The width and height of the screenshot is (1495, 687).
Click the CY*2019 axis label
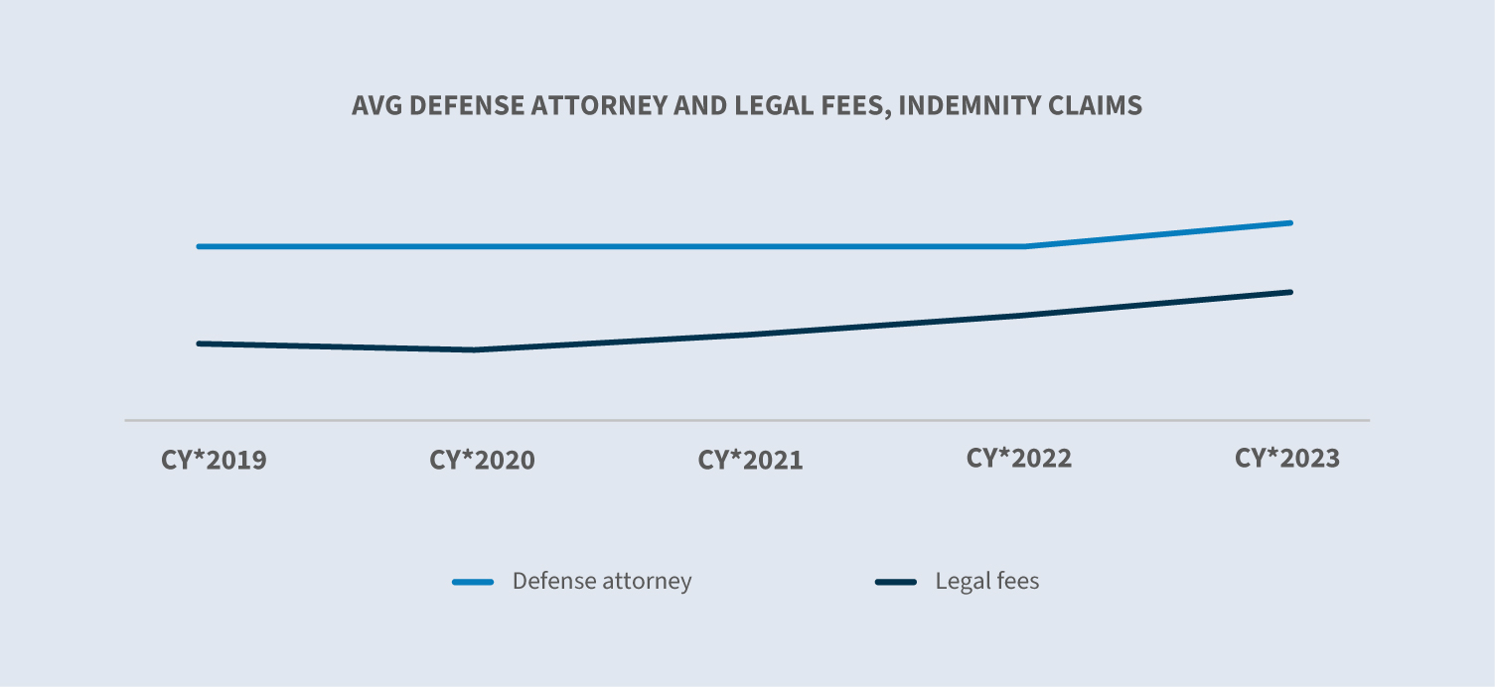click(x=214, y=461)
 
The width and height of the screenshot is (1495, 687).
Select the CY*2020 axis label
click(x=482, y=461)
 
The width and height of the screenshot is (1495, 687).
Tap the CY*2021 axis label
click(x=750, y=461)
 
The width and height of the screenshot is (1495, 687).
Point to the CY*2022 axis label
click(x=1019, y=459)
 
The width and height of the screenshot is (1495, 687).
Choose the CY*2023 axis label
click(x=1287, y=459)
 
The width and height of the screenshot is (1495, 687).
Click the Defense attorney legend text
click(x=602, y=581)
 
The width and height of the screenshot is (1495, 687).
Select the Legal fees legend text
click(x=987, y=581)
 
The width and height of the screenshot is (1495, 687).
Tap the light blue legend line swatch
click(x=473, y=582)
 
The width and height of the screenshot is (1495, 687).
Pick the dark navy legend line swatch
click(x=896, y=582)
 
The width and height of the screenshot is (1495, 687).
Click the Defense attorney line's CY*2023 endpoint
click(x=1290, y=222)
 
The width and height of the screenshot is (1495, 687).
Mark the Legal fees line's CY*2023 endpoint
click(x=1290, y=292)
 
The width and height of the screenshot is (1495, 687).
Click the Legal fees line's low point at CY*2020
click(x=475, y=349)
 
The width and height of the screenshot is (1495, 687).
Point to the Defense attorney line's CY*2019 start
click(x=200, y=246)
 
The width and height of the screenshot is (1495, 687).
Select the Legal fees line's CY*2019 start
click(x=200, y=343)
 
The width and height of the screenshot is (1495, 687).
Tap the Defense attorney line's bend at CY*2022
click(x=1023, y=246)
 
